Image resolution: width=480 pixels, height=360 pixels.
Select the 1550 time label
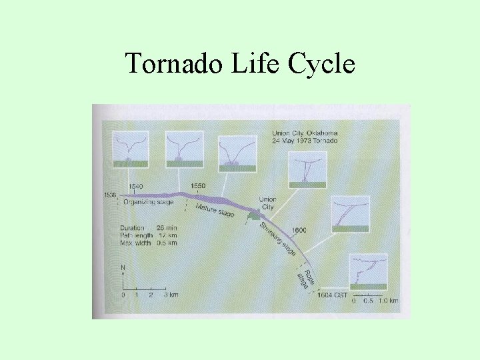point(198,185)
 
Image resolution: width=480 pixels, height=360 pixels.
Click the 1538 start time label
point(111,195)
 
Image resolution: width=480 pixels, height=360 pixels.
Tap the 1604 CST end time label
point(332,295)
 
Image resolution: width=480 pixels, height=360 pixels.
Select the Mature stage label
point(215,211)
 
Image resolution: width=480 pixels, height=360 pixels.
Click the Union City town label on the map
point(267,203)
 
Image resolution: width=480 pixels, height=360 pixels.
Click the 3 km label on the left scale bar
point(171,294)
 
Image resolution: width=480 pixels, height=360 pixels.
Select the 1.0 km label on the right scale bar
point(388,301)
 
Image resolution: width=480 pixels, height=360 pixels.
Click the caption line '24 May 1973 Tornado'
point(305,141)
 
